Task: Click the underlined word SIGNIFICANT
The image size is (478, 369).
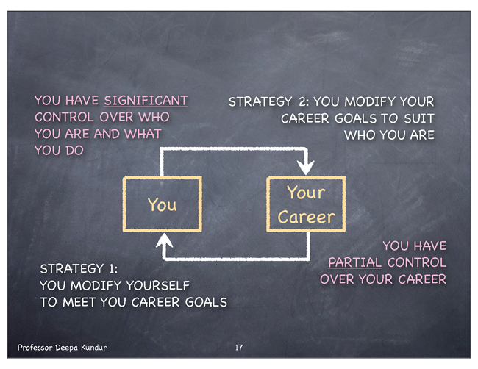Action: point(146,101)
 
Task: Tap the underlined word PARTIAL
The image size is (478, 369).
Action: point(355,262)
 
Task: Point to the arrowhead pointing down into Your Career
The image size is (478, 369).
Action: point(306,167)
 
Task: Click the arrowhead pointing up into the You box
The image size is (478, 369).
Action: point(164,240)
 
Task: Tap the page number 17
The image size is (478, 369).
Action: point(239,348)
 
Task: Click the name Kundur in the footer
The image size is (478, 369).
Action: point(93,348)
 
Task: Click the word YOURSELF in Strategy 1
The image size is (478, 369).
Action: point(157,285)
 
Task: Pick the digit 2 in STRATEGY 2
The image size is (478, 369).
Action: point(303,101)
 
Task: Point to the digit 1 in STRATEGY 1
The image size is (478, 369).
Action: point(112,269)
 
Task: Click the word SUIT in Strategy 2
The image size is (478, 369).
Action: point(419,118)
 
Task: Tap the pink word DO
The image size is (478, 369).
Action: point(74,151)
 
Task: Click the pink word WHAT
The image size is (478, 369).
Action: point(143,134)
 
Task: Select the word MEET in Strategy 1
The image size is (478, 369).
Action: point(80,302)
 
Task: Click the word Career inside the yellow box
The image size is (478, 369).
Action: point(306,217)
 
